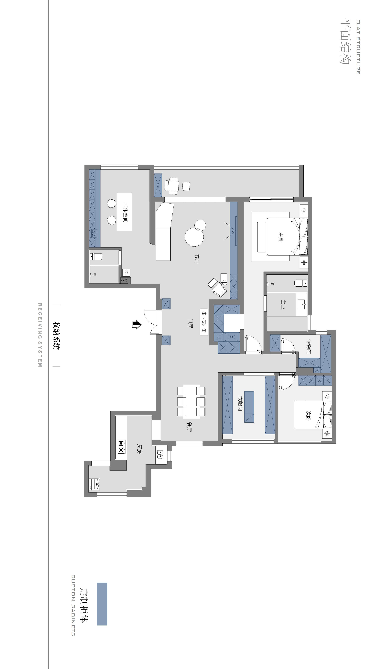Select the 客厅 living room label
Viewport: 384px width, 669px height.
pos(196,259)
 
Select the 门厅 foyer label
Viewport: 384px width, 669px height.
pos(190,323)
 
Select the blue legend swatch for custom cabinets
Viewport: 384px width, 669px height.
pos(102,604)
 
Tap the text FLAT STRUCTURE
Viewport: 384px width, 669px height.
pos(358,47)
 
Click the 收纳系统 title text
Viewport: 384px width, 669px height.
pos(56,336)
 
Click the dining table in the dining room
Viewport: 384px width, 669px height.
pos(191,402)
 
